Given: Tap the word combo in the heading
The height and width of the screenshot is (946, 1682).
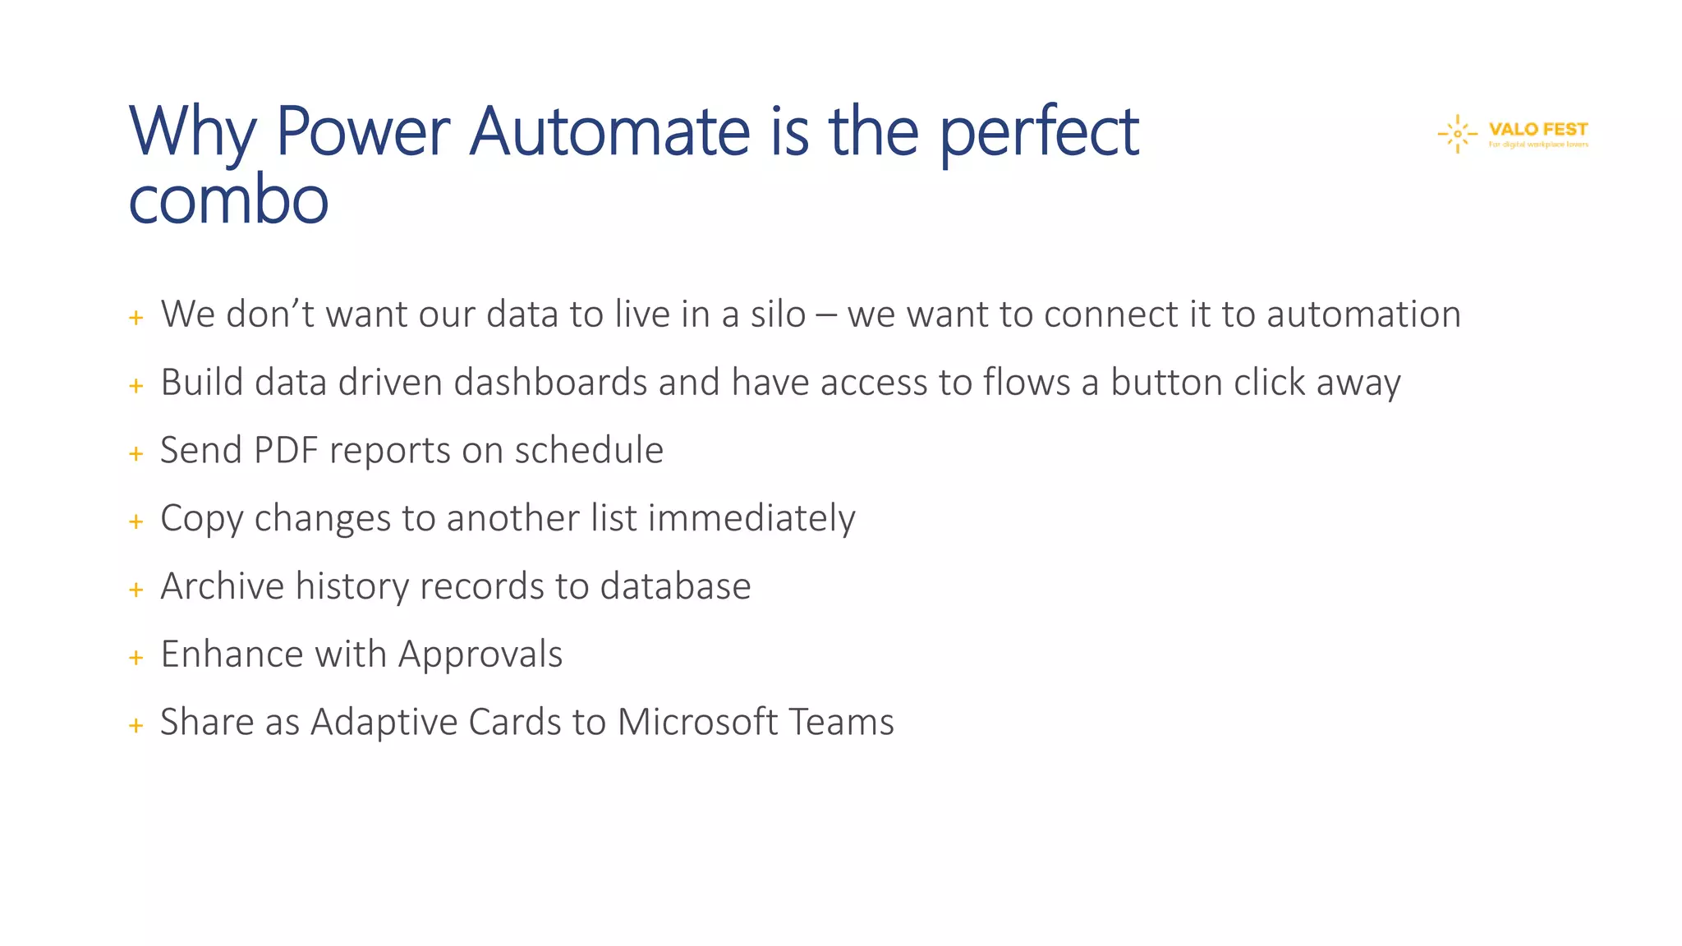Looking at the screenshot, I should coord(228,200).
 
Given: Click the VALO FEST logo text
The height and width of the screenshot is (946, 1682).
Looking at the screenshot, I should coord(1537,130).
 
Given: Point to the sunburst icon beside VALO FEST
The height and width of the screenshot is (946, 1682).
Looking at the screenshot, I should coord(1458,134).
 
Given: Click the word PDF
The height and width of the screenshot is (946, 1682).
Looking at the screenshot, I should coord(286,451).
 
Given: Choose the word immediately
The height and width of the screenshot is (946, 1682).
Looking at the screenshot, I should coord(751,519).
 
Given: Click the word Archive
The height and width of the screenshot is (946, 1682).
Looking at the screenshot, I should coord(222,586).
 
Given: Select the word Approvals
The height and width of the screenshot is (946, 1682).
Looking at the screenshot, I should coord(480,655).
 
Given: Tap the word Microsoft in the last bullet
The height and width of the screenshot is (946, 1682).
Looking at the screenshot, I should coord(697,723).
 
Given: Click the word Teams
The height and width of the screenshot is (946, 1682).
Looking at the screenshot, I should coord(841,723).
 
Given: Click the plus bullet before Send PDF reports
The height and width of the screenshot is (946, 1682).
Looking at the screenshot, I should coord(136,453).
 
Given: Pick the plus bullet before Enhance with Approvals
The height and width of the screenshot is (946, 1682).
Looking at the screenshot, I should coord(136,658).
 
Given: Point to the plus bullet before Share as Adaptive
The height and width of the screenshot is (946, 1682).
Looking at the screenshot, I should coord(136,726).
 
